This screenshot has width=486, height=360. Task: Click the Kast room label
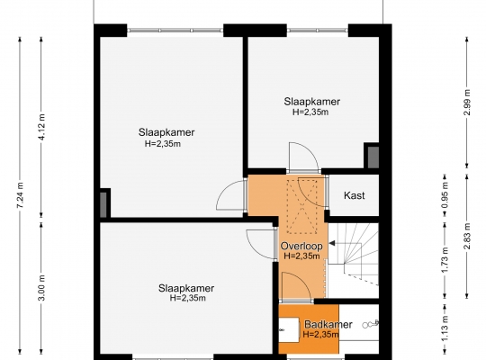click(x=355, y=195)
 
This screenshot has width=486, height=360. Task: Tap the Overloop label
click(x=301, y=246)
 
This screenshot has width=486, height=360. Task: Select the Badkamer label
click(x=328, y=324)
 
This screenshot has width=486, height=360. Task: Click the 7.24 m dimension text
click(x=20, y=195)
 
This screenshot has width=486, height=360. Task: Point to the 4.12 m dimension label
click(x=41, y=127)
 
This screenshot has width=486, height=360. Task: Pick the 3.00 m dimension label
click(x=42, y=287)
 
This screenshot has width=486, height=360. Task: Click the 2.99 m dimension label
click(x=467, y=103)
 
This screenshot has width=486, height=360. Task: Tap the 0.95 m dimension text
click(x=445, y=195)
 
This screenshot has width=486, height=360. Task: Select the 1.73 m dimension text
click(x=445, y=260)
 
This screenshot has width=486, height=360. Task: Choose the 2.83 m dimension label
click(x=467, y=236)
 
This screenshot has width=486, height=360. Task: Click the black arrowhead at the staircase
click(x=331, y=243)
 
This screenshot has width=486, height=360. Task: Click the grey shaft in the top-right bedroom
click(x=373, y=157)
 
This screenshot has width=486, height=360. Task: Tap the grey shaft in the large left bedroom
click(x=103, y=204)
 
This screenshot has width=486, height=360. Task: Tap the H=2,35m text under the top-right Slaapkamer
click(x=310, y=112)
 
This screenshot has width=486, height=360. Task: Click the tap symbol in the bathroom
click(x=371, y=324)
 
